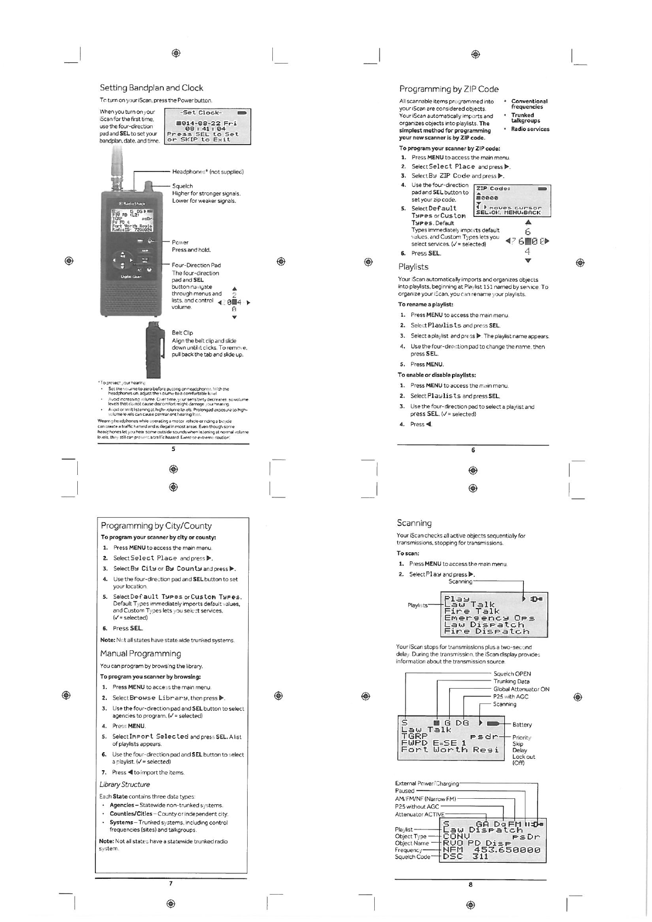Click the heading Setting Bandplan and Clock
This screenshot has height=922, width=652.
(151, 88)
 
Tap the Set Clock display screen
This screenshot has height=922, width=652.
(208, 126)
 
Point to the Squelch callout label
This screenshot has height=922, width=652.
(182, 186)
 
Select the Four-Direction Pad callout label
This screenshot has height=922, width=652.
(196, 265)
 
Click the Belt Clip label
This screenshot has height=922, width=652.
(182, 333)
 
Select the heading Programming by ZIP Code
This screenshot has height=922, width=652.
(449, 89)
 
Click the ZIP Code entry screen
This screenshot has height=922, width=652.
(512, 201)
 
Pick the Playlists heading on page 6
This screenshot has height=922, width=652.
(413, 267)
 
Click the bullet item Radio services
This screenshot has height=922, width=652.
(530, 129)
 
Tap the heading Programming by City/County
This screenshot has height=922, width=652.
(156, 526)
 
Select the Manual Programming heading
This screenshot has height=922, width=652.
(140, 654)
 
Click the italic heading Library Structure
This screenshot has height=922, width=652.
(124, 784)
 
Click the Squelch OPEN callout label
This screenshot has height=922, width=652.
(512, 674)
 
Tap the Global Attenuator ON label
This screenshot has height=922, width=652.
(521, 689)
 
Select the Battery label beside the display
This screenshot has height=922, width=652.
(522, 725)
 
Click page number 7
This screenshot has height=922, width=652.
(171, 884)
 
